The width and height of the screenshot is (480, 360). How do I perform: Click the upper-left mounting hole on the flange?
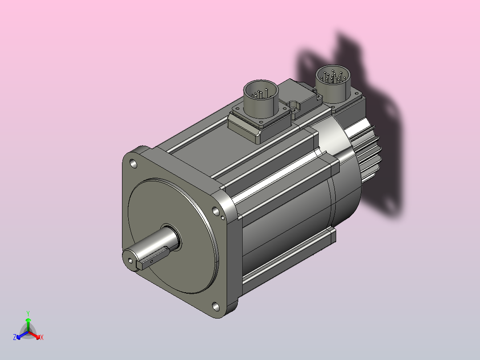click(x=134, y=164)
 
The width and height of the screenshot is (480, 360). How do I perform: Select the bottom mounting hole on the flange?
click(x=216, y=307)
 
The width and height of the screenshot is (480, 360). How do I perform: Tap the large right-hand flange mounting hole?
click(x=216, y=211)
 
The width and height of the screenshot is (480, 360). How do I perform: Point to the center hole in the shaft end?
click(x=130, y=261)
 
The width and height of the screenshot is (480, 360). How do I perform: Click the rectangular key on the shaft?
click(x=152, y=258)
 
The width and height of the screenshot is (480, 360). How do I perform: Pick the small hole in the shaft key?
click(x=151, y=262)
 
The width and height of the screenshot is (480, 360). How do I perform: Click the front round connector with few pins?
click(x=261, y=94)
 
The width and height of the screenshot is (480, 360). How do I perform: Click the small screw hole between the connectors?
click(x=293, y=109)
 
